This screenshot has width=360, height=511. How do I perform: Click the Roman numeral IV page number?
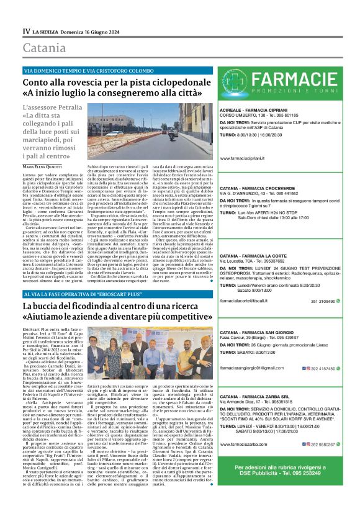(x=27, y=30)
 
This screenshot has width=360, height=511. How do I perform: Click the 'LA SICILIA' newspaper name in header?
(x=47, y=30)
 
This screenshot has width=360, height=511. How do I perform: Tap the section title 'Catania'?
(x=44, y=48)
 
